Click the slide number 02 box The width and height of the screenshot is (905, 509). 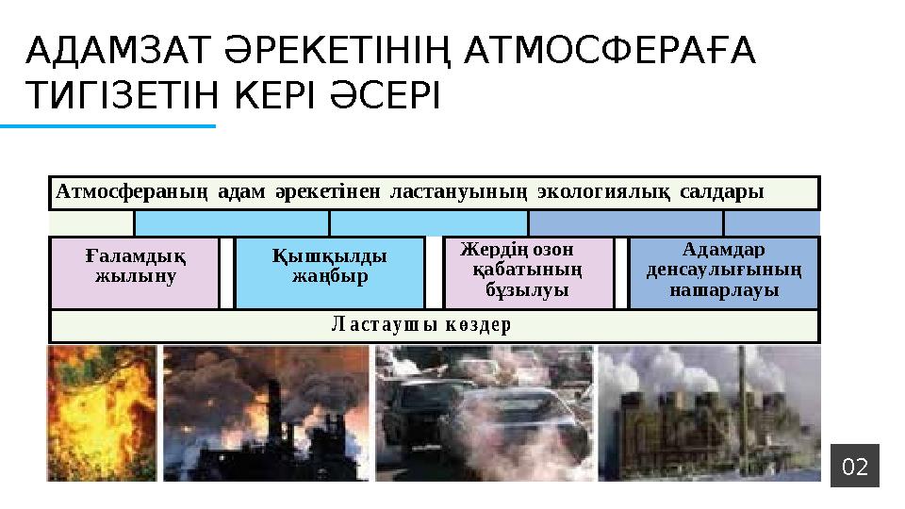pos(855,466)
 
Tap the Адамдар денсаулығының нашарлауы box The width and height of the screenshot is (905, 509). pos(724,271)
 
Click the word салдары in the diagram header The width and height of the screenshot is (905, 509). pos(721,192)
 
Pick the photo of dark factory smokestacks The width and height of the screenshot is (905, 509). pos(266,413)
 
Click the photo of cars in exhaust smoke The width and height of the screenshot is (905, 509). pos(485,413)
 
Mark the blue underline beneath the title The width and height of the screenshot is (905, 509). pos(107,124)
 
